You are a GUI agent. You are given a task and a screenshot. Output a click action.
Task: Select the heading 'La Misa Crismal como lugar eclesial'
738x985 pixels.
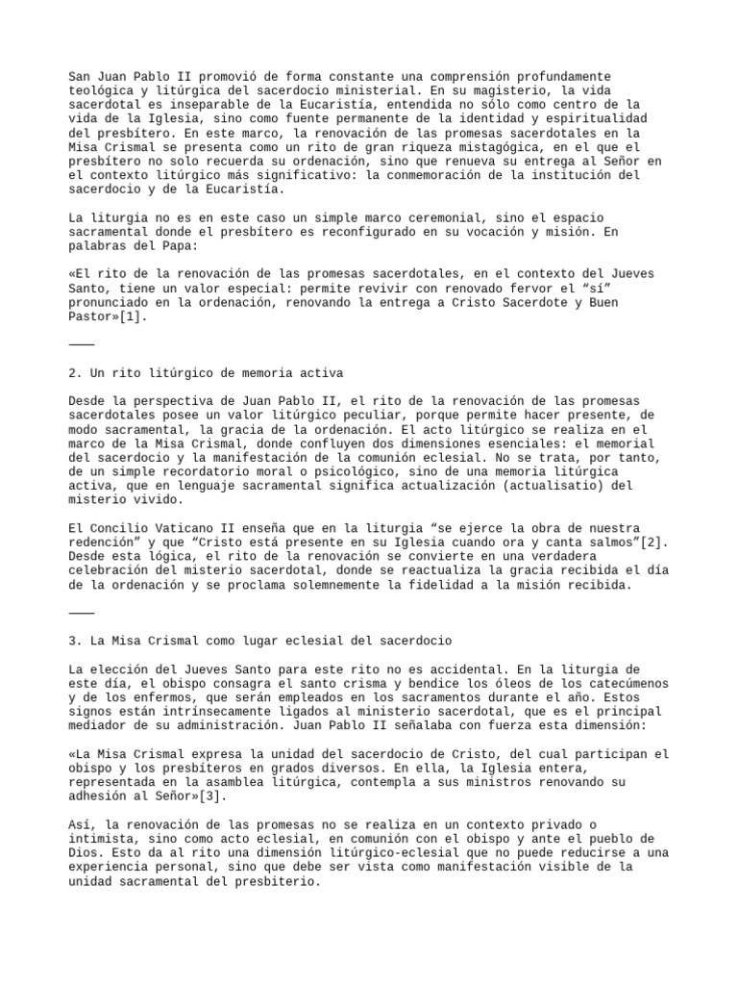pos(259,640)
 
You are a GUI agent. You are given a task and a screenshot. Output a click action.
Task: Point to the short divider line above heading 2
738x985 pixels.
pos(82,343)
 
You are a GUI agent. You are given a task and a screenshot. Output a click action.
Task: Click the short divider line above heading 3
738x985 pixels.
pos(82,612)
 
